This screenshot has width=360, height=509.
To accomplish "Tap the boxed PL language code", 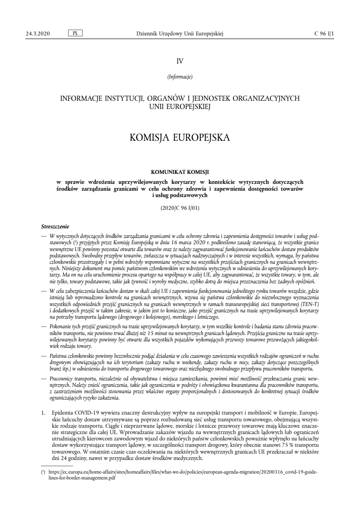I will [x=74, y=34].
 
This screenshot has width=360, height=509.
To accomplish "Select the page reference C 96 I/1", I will [x=324, y=34].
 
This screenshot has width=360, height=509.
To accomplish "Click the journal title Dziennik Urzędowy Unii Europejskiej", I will [x=180, y=34].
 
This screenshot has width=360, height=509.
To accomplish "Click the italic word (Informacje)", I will [x=180, y=77].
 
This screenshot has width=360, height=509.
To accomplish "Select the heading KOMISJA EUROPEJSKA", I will [x=180, y=137].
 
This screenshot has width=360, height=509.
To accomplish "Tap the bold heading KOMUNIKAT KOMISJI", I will [x=180, y=172].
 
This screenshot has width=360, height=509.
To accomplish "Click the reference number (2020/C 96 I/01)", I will [x=180, y=208].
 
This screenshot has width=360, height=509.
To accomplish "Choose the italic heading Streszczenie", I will [x=55, y=226].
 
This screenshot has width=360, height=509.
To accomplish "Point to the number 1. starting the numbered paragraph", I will [x=43, y=413].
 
